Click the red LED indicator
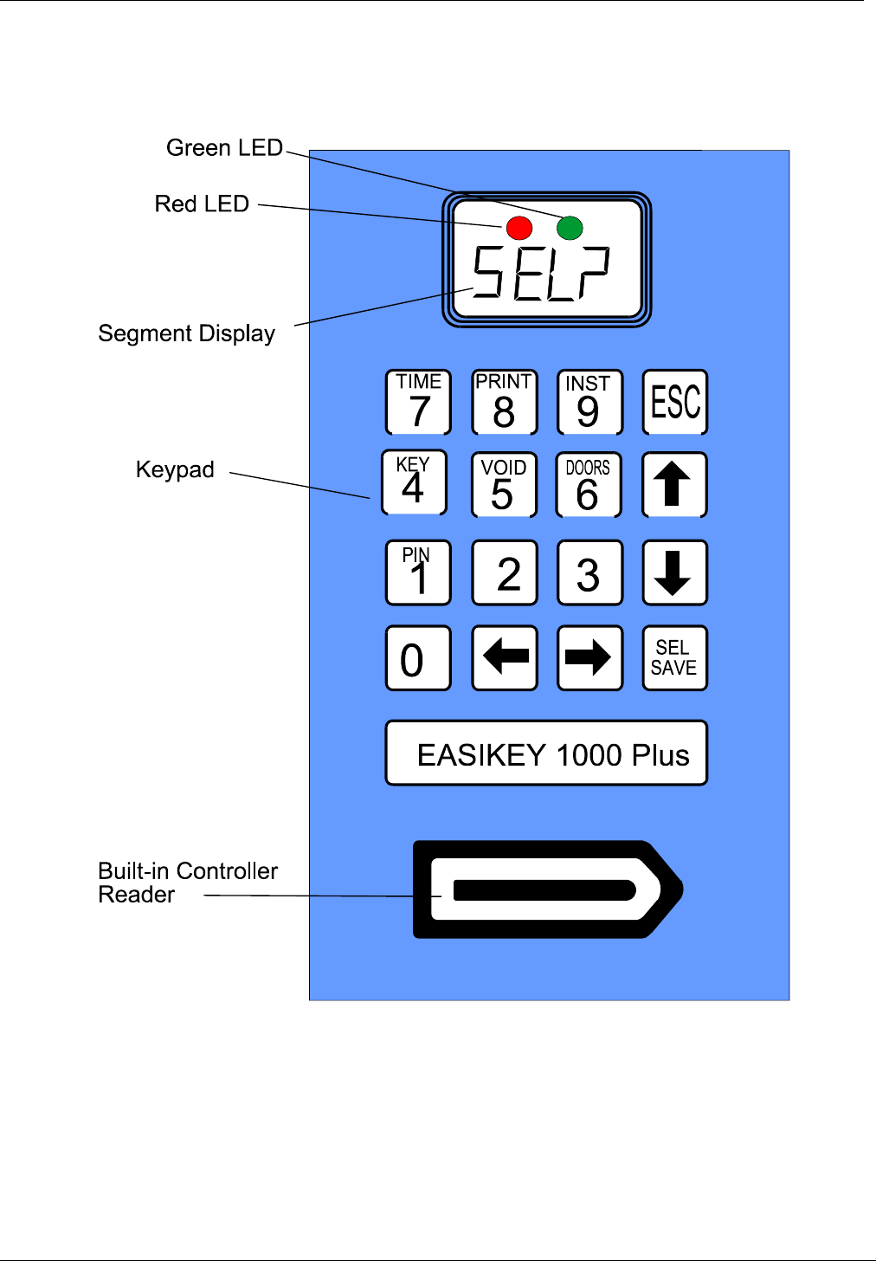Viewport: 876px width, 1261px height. [519, 228]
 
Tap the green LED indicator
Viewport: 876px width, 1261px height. [570, 228]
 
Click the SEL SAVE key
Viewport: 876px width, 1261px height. [674, 658]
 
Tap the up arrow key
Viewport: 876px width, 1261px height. [674, 485]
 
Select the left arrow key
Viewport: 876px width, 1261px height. [505, 658]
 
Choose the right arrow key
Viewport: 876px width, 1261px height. [589, 658]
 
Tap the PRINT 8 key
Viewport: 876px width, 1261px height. [505, 402]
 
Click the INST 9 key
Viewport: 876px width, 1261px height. [589, 402]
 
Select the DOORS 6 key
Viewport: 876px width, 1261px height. [589, 485]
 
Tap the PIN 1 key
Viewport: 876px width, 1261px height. [418, 572]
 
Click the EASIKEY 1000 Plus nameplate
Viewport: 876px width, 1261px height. [546, 753]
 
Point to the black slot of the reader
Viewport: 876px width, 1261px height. [544, 890]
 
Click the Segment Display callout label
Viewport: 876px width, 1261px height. [187, 333]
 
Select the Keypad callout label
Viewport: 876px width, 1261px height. [175, 469]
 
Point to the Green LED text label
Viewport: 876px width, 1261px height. [225, 148]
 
